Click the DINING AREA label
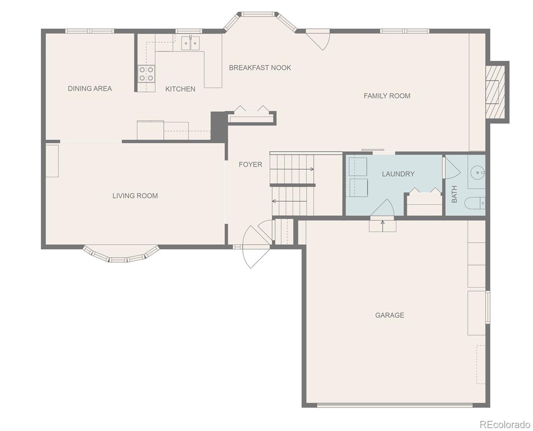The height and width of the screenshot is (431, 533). [x=90, y=88]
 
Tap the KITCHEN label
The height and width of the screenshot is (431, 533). [x=180, y=89]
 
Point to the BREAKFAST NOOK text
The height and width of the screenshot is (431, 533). [x=260, y=68]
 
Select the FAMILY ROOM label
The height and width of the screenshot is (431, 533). [x=387, y=96]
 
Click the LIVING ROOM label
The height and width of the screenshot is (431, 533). [x=135, y=196]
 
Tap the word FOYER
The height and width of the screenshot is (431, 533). [x=251, y=164]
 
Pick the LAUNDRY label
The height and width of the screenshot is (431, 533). [x=398, y=174]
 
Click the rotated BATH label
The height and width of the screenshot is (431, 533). [x=454, y=194]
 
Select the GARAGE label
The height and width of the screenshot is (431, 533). [x=390, y=315]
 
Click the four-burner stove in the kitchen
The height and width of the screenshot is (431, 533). [x=146, y=74]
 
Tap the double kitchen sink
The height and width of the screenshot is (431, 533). [x=191, y=43]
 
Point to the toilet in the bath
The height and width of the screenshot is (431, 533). [x=475, y=203]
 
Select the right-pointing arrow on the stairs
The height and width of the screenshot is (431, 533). [x=292, y=169]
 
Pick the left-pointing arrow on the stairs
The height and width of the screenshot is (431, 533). [x=289, y=201]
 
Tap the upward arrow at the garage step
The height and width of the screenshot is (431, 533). [x=383, y=226]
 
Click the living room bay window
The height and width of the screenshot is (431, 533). [x=121, y=255]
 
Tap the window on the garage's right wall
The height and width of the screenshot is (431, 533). [x=488, y=307]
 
